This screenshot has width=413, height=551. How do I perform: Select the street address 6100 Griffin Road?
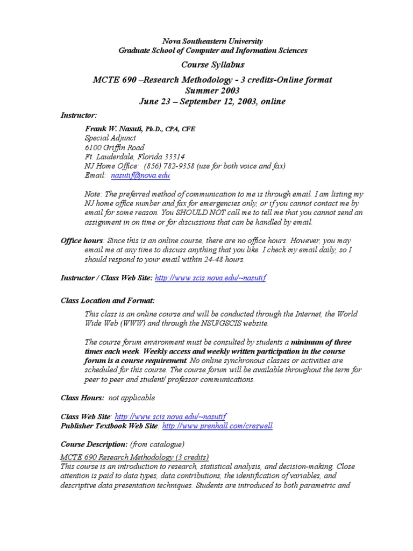(115, 147)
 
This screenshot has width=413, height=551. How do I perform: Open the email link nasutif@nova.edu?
(140, 176)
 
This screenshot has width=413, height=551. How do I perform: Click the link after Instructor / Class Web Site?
(210, 278)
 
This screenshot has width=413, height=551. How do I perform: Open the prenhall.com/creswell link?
(217, 426)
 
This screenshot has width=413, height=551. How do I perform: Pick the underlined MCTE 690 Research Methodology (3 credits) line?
(134, 456)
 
